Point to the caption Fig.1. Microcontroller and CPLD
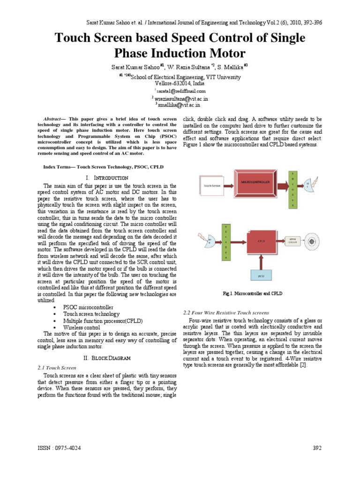[252, 293]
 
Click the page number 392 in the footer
[317, 448]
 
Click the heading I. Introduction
[107, 178]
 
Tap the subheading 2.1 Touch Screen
[56, 368]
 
